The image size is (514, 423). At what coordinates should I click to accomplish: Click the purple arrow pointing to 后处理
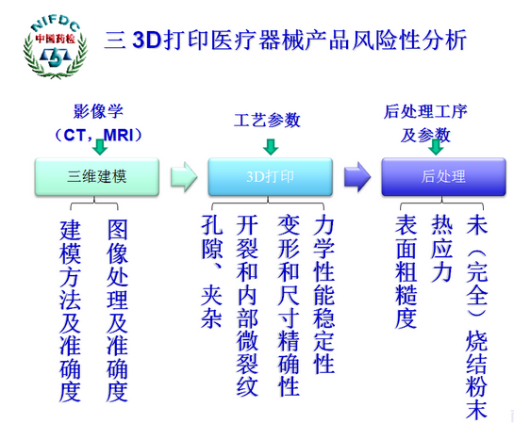(356, 176)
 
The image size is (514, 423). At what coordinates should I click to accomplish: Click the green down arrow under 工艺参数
(271, 146)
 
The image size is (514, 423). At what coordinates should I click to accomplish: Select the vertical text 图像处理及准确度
(117, 312)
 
